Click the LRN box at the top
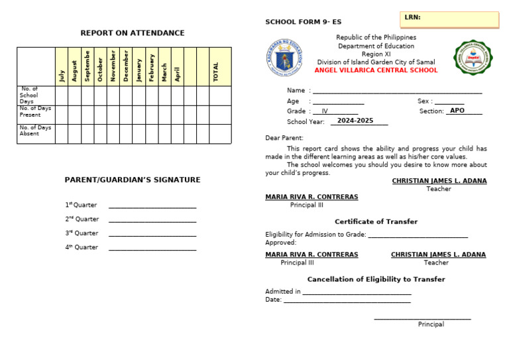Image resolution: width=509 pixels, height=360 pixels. coord(449,19)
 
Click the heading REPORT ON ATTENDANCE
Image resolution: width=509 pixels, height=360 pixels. coord(133,33)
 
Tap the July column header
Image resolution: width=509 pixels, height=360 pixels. coord(62,76)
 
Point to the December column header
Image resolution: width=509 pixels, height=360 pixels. coord(126,66)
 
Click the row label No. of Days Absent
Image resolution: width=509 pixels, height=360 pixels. coord(35,131)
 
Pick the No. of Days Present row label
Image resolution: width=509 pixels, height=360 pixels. coord(35,111)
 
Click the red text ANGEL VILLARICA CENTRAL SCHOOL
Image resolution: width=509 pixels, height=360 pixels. coord(376,70)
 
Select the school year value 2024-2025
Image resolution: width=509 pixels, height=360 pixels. coord(355,121)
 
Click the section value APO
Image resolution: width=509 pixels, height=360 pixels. coord(457,111)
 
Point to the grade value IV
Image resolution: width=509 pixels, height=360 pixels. coord(325,111)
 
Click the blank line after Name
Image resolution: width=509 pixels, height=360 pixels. coord(397,91)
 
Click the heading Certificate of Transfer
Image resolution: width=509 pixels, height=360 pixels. coord(376,221)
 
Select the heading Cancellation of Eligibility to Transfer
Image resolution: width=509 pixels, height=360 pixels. coord(376,279)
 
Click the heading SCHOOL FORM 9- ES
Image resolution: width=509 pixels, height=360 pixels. coord(303,23)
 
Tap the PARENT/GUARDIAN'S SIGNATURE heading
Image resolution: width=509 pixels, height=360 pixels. coord(133,180)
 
